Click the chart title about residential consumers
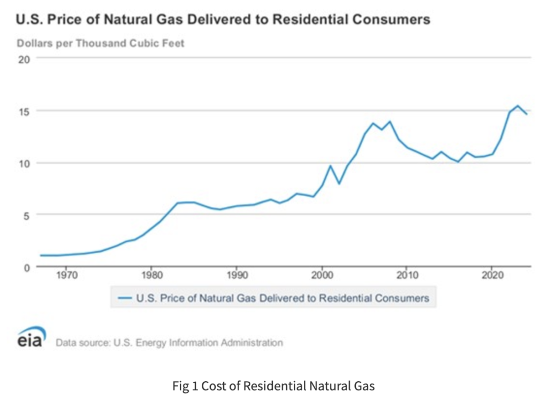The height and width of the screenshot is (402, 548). (x=223, y=20)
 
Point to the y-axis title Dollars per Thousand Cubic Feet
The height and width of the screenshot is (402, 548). (x=101, y=43)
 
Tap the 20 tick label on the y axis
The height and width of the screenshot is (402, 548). (x=25, y=59)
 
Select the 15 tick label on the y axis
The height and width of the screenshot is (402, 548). (x=25, y=111)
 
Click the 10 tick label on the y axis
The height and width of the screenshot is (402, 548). (x=25, y=163)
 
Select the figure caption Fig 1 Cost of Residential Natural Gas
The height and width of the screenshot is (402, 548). (x=274, y=385)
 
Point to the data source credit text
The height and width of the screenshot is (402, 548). (x=169, y=343)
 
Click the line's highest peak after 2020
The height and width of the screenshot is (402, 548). (x=517, y=106)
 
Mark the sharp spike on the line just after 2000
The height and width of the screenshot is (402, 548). (x=330, y=166)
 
